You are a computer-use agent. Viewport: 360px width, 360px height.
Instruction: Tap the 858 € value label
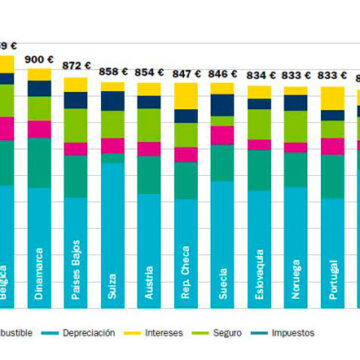(113, 71)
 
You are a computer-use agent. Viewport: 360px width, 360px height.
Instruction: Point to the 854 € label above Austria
(149, 72)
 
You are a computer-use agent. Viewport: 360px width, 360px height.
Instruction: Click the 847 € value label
(186, 73)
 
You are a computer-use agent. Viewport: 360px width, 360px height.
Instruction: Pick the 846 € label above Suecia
(223, 73)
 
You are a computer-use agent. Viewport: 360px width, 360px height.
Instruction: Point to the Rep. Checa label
(187, 258)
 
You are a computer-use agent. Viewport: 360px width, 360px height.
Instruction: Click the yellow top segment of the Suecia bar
(223, 89)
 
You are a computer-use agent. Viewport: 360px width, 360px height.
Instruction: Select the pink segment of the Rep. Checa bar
(186, 153)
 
